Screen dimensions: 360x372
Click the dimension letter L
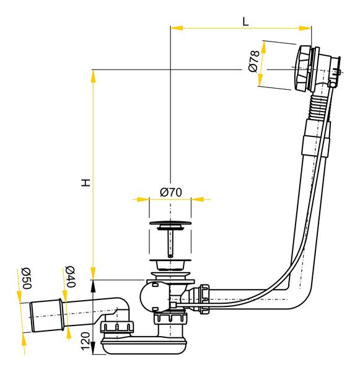point(245,22)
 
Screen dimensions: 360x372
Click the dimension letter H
point(86,182)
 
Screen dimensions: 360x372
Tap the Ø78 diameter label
point(253,61)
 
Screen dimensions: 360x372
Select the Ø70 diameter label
point(171,192)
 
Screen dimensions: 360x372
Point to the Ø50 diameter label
point(26,278)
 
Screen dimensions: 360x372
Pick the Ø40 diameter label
point(70,277)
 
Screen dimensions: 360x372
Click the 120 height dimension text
point(86,341)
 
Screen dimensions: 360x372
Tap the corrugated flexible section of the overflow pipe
point(317,108)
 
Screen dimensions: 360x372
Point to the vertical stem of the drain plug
point(170,244)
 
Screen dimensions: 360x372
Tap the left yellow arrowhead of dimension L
point(177,28)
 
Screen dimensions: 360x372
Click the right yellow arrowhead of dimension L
point(305,29)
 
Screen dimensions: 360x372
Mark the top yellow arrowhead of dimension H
point(93,76)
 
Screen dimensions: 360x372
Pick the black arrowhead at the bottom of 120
point(93,348)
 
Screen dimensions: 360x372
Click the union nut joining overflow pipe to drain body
point(204,299)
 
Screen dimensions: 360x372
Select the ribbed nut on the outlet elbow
point(116,327)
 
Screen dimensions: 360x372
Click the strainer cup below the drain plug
point(170,265)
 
